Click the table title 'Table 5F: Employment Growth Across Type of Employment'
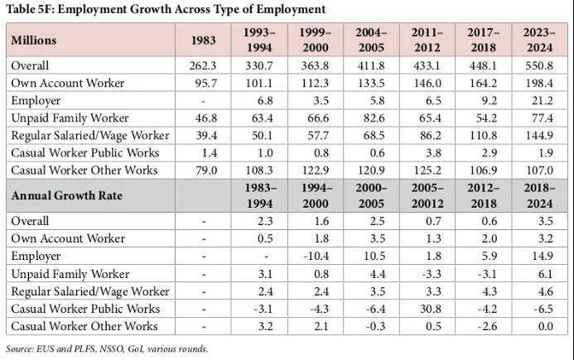[x=166, y=9]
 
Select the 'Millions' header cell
[x=34, y=41]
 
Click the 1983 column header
[x=205, y=41]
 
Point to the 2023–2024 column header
[x=539, y=40]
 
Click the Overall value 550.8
[x=539, y=65]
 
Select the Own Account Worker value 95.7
[x=205, y=83]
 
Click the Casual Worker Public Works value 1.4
[x=205, y=152]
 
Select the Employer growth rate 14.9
[x=539, y=257]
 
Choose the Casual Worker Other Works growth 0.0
[x=539, y=326]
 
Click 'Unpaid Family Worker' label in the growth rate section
[x=70, y=274]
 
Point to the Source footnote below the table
[x=107, y=348]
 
